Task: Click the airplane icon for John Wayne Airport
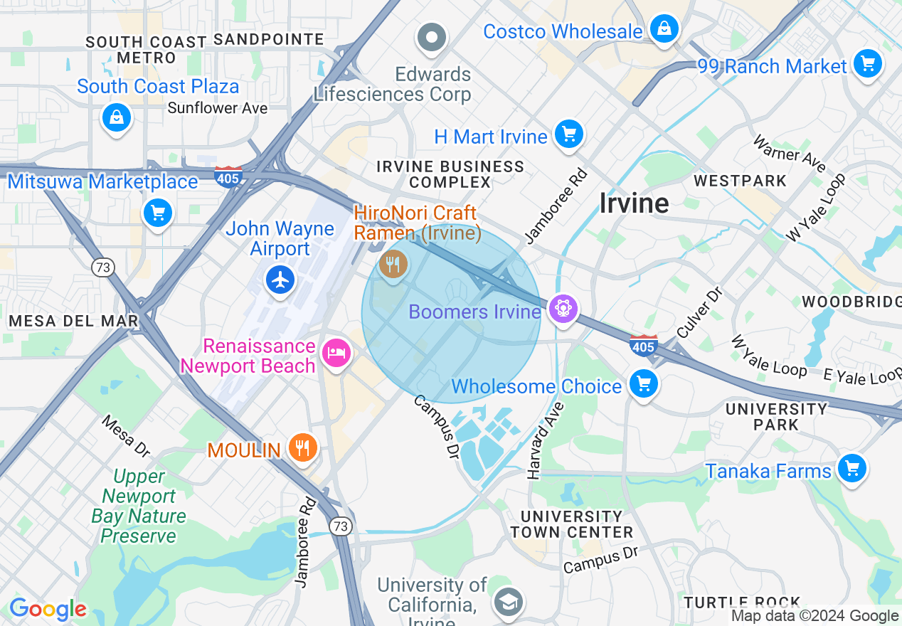(281, 280)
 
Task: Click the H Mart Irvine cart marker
(568, 134)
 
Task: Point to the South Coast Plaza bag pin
(116, 117)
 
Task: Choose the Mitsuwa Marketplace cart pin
(158, 213)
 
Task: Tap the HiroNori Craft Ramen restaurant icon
(393, 265)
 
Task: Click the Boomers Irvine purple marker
(563, 309)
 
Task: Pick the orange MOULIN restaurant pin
(303, 448)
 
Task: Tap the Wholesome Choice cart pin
(643, 385)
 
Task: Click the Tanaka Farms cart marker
(851, 469)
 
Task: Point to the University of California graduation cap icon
(508, 602)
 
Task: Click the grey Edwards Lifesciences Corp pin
(431, 38)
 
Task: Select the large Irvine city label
(634, 203)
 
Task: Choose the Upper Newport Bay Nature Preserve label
(139, 506)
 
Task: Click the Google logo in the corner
(48, 610)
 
